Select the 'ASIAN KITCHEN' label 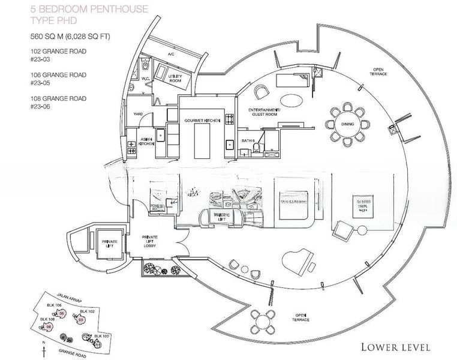tap(147, 142)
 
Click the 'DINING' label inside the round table tap(347, 124)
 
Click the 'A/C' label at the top tap(170, 54)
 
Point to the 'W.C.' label tap(145, 77)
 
